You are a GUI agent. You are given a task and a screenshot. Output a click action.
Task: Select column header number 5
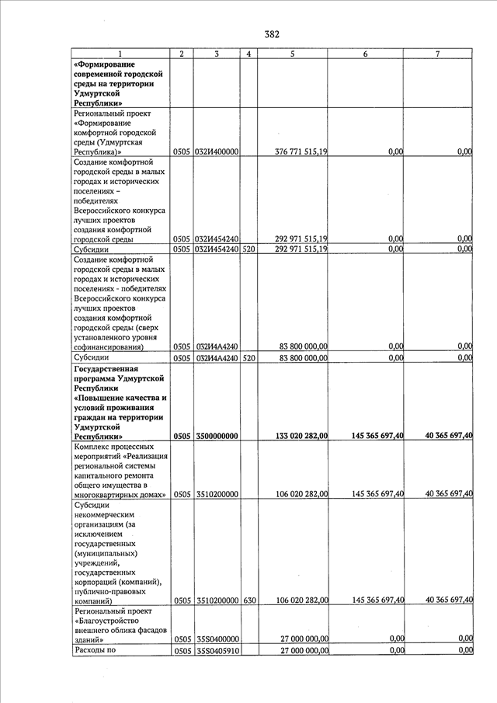(x=292, y=54)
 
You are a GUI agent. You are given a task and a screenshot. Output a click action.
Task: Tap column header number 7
(x=437, y=54)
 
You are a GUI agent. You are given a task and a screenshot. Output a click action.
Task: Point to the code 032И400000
(x=217, y=151)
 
